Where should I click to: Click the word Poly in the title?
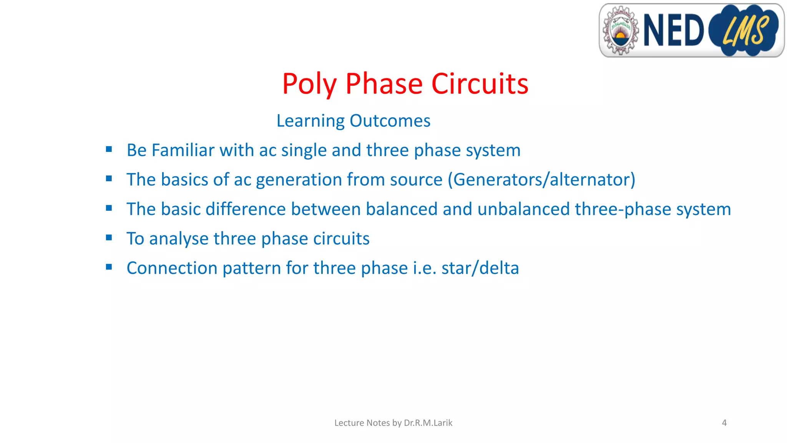click(x=309, y=84)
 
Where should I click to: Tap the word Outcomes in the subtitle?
click(x=390, y=121)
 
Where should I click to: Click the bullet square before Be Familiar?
click(x=109, y=149)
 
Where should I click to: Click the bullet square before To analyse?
click(x=109, y=238)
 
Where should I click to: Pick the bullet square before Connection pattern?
click(x=109, y=267)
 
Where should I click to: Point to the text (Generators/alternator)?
click(x=541, y=180)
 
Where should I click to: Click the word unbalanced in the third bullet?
click(x=523, y=209)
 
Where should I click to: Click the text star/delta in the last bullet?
click(x=480, y=268)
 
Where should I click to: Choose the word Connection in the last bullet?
click(x=172, y=268)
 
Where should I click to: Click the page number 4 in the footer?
click(x=724, y=423)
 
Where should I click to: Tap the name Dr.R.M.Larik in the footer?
click(x=428, y=423)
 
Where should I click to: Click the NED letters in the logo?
click(x=673, y=30)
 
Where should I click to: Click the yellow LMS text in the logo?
click(x=745, y=30)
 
